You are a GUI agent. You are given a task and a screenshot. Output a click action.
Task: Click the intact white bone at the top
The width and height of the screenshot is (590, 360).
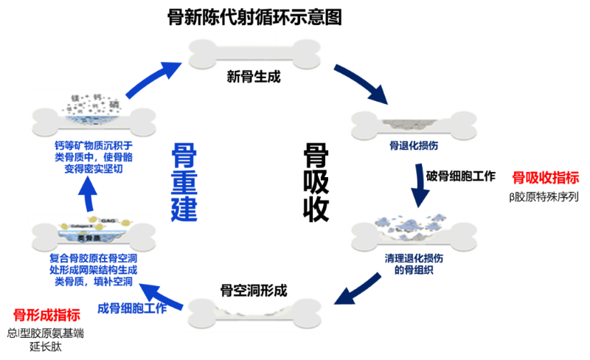pyautogui.click(x=253, y=54)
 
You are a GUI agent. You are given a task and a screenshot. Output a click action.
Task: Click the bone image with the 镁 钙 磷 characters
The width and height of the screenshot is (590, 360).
pyautogui.click(x=94, y=113)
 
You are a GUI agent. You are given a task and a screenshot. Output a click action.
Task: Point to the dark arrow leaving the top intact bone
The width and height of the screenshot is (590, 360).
pyautogui.click(x=361, y=83)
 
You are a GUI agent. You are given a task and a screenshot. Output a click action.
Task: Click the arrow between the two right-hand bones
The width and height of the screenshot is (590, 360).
pyautogui.click(x=420, y=184)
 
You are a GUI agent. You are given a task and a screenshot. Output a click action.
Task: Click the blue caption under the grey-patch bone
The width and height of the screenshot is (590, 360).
pyautogui.click(x=413, y=146)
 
